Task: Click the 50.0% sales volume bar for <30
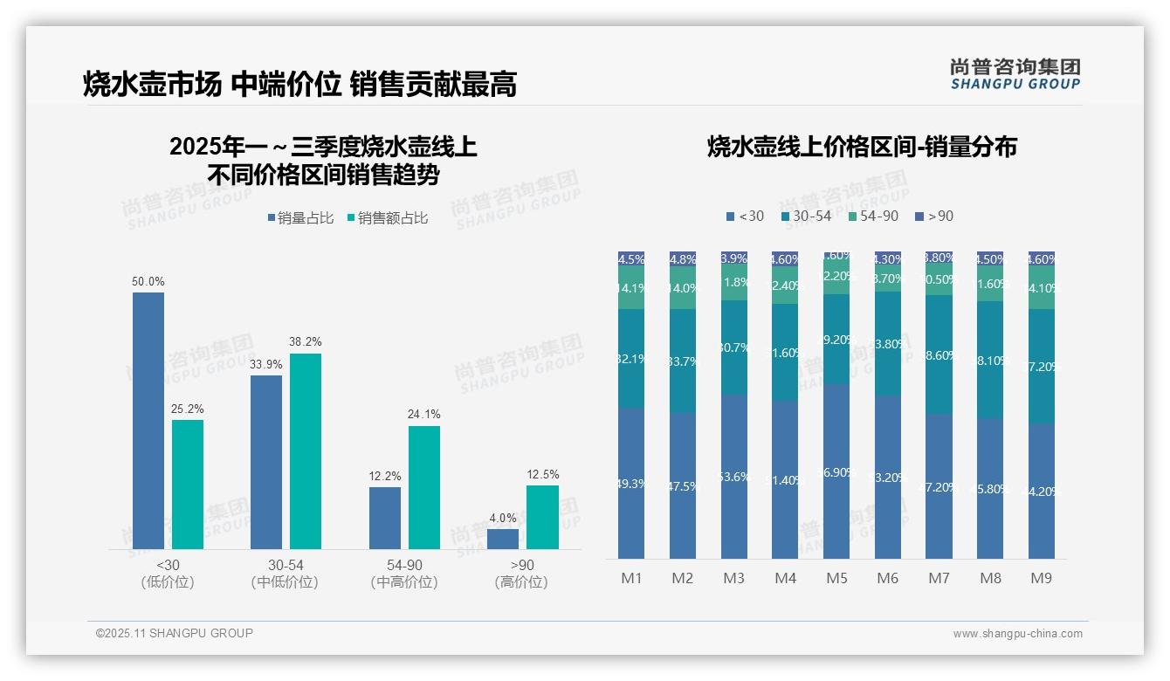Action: tap(148, 421)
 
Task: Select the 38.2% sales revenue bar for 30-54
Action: tap(306, 451)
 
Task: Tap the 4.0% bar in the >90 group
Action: tap(503, 539)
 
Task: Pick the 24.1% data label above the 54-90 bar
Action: tap(423, 414)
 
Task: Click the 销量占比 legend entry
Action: tap(300, 218)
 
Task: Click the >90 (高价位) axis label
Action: tap(521, 574)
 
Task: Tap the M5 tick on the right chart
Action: tap(836, 578)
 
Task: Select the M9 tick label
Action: tap(1041, 578)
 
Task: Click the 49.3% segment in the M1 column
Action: tap(631, 483)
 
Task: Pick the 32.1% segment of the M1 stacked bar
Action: tap(631, 358)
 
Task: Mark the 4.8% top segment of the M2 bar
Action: tap(683, 259)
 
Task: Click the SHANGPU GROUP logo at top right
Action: tap(1015, 73)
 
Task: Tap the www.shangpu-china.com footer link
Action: tap(1017, 634)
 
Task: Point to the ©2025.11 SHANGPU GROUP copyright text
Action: tap(175, 633)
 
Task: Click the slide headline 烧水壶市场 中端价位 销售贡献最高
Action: tap(299, 84)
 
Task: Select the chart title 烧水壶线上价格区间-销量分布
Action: tap(862, 147)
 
